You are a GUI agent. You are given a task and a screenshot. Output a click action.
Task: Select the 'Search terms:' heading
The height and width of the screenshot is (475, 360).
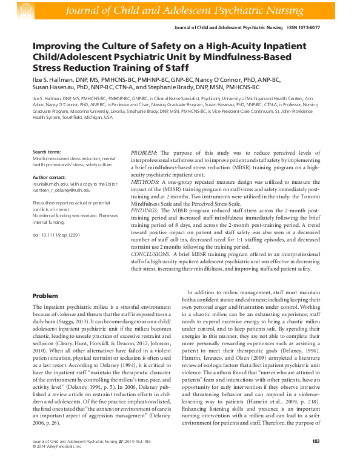point(47,151)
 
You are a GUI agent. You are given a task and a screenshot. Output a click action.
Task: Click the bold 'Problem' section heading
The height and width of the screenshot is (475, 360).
point(45,295)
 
